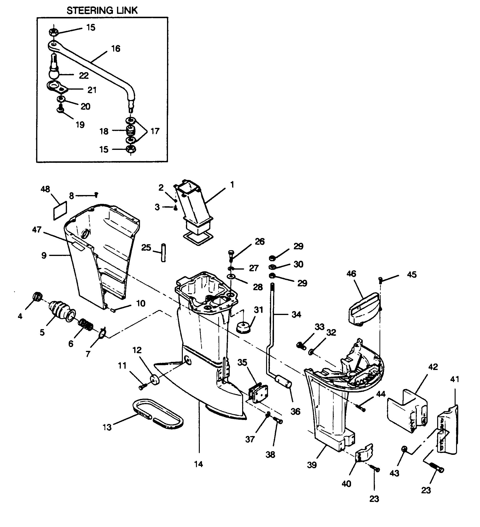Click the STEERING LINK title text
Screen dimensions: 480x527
102,11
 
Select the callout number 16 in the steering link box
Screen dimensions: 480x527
116,49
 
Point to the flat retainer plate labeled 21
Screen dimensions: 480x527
58,87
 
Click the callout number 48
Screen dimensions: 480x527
45,189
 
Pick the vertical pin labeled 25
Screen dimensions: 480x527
163,253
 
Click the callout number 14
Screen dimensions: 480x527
199,464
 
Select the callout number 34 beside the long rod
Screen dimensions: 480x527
296,314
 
